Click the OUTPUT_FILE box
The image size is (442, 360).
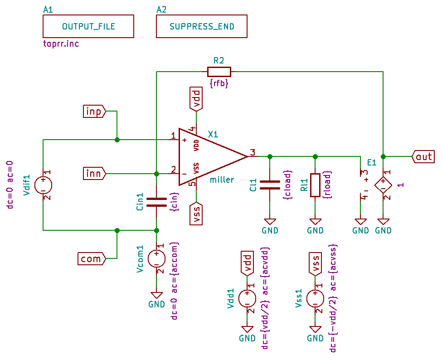[x=88, y=26]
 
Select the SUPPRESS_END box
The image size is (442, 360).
[x=202, y=26]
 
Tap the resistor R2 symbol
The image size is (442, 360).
[x=219, y=72]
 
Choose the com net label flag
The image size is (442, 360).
[x=92, y=259]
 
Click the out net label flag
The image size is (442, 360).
[x=423, y=157]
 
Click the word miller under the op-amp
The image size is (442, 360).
[x=222, y=180]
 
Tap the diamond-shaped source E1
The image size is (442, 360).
[x=383, y=185]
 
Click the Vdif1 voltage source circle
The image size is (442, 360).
[x=43, y=185]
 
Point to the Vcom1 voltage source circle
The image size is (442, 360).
[x=156, y=259]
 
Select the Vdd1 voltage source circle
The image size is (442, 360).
[x=247, y=299]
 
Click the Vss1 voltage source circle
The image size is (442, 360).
[x=315, y=299]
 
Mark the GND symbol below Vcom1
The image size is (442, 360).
[x=156, y=295]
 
